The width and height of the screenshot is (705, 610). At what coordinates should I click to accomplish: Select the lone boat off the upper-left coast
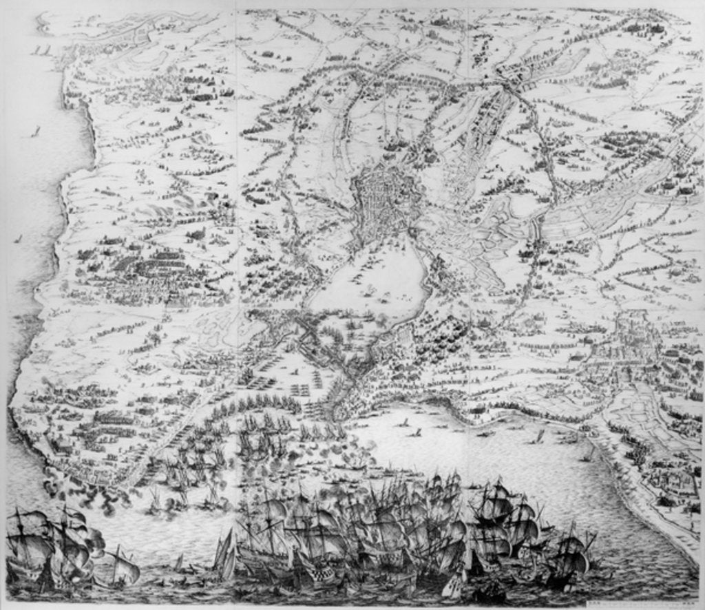[37, 131]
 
